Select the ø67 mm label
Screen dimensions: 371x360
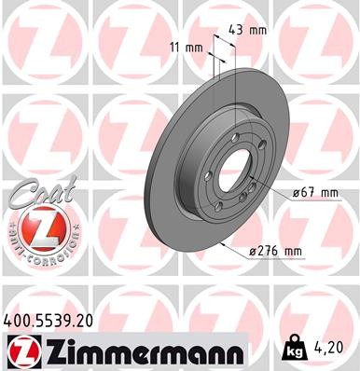313,192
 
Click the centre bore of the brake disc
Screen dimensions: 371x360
231,172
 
